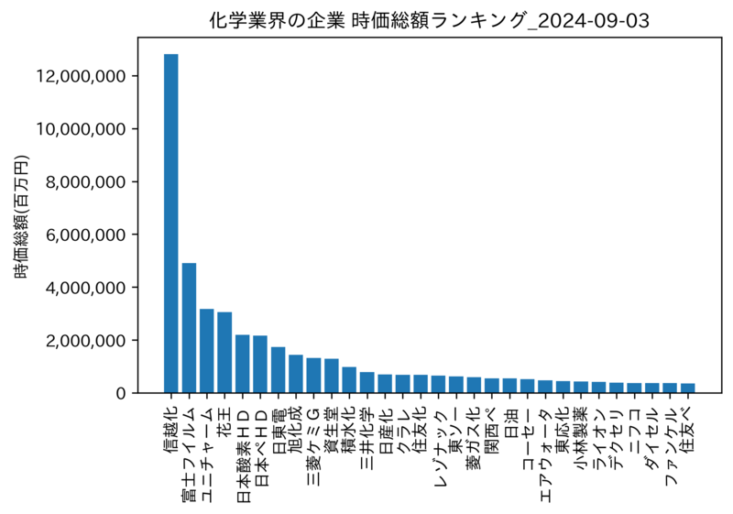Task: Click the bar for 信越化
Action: pos(171,224)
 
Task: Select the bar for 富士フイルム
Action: pos(189,328)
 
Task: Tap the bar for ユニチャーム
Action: pos(207,351)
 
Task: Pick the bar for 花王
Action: pos(224,353)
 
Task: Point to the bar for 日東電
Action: pos(279,369)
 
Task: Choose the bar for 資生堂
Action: pos(332,376)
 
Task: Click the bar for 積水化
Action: pos(349,380)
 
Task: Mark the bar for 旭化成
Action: pos(296,374)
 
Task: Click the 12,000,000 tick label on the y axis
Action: pos(81,76)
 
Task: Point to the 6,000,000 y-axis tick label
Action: pos(86,235)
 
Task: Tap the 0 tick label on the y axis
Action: pos(121,393)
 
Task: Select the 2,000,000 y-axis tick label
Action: pos(86,340)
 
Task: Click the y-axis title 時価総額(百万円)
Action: pos(21,217)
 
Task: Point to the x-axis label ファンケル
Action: pos(671,446)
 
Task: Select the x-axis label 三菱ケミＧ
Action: pos(313,447)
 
